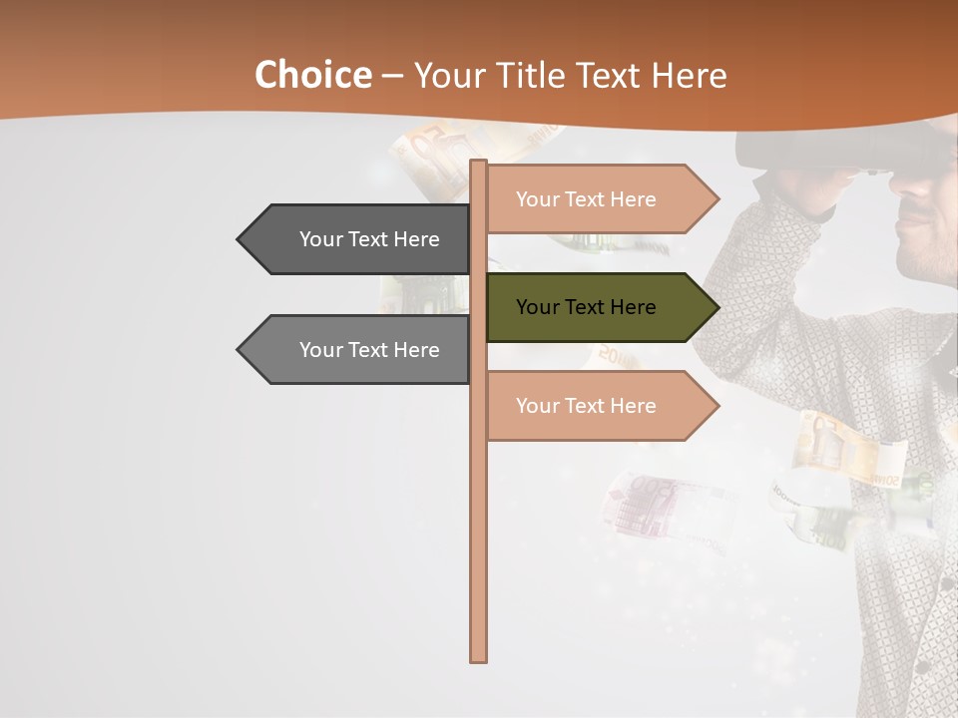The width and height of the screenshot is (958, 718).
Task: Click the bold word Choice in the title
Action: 312,76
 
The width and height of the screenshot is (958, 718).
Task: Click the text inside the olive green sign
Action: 586,307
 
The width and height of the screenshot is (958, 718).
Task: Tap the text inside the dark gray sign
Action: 369,239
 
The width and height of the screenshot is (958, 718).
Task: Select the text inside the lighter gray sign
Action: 369,350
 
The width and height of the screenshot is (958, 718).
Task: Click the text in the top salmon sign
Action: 586,199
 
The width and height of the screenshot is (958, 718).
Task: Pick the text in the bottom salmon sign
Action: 586,406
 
